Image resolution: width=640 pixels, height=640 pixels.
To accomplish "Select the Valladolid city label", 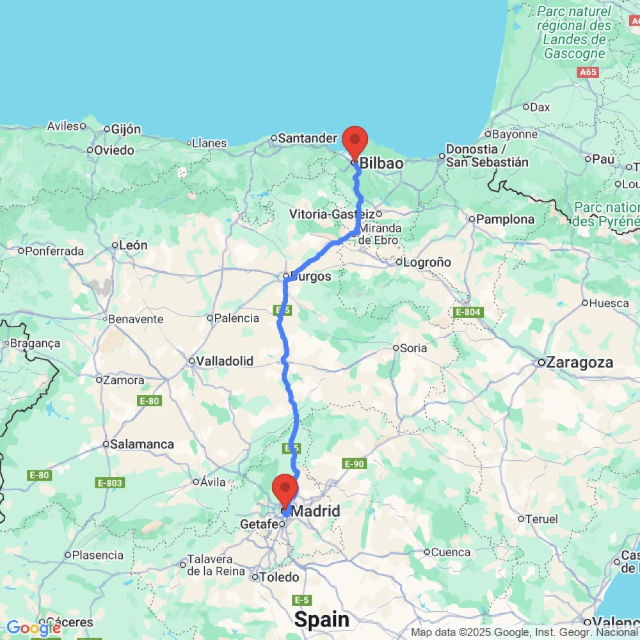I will pos(224,361).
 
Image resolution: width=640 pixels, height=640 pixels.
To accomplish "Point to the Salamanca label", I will pos(141,444).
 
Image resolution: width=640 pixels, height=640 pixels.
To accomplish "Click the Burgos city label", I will pos(312,276).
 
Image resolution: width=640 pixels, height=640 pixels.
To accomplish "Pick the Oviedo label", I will pos(114,150).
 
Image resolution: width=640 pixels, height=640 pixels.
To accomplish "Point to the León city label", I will pos(133,244).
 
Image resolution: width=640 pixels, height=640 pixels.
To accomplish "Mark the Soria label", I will pos(413,348).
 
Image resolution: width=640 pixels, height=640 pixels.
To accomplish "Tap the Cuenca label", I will pos(451,552).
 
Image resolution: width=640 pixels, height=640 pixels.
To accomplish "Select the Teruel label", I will pos(541,519).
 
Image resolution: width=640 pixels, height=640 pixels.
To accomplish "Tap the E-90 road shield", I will pos(354,463).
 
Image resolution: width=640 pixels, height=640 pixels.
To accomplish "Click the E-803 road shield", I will pos(110,482).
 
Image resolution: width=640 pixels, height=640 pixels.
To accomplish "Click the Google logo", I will pos(33,628).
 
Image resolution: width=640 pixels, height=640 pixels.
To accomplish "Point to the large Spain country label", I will pos(322,620).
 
